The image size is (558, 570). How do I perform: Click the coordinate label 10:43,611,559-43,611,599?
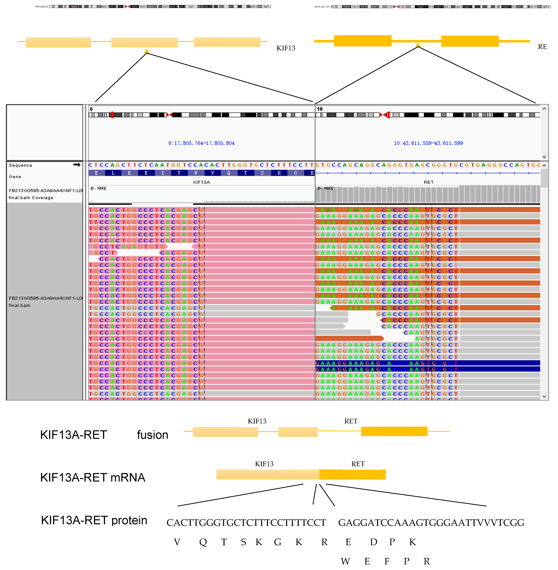428,143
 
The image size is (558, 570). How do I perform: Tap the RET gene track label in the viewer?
428,182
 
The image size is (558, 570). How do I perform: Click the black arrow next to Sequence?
77,165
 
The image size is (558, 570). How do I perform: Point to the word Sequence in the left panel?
21,165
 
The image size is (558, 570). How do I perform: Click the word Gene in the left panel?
15,176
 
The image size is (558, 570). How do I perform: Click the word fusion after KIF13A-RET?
152,435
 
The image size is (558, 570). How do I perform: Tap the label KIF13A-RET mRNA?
93,477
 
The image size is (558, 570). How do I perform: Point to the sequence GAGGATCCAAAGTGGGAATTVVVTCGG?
431,522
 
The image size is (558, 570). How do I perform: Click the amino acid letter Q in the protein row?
203,542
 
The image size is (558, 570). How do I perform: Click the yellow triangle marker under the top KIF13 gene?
147,51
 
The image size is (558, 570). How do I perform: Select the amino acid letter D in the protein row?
373,542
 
